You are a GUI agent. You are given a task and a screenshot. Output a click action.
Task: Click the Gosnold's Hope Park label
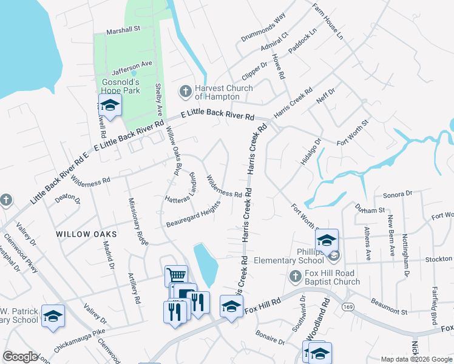tap(121, 86)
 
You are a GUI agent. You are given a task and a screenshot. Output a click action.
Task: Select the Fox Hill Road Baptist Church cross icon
tap(294, 277)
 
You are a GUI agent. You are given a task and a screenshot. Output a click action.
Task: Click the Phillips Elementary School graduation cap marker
tap(327, 241)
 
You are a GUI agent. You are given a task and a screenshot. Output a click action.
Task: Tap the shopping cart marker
tap(175, 276)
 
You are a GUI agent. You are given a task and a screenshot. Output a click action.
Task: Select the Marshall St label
tap(123, 29)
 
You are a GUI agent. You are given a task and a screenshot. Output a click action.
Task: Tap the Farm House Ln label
tap(328, 22)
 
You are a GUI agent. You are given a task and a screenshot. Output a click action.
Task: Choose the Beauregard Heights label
tap(192, 218)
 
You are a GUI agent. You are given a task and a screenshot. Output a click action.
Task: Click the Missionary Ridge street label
tap(138, 221)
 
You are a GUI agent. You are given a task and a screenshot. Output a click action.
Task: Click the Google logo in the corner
tap(20, 357)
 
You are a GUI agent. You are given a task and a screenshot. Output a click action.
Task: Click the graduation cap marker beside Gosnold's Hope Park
tap(110, 106)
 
